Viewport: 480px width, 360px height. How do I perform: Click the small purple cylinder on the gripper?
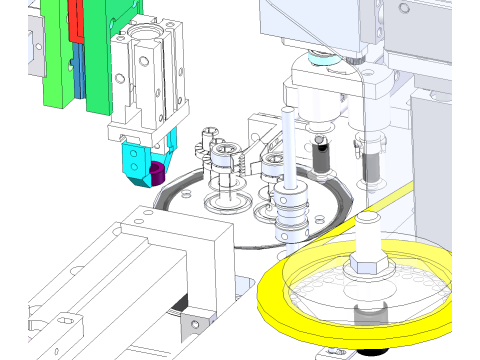[x=156, y=174]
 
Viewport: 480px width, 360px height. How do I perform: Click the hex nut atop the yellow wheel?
[x=364, y=265]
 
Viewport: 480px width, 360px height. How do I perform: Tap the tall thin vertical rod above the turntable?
[x=288, y=140]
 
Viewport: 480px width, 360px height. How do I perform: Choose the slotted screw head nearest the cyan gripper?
[x=210, y=133]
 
